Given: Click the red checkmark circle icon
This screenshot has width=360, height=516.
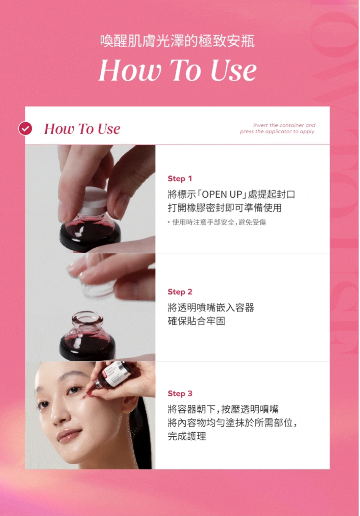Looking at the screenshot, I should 25,129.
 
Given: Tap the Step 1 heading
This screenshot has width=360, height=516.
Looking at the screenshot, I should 180,179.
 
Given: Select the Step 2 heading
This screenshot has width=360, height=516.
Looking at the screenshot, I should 180,292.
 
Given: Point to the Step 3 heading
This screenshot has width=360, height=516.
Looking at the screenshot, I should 180,393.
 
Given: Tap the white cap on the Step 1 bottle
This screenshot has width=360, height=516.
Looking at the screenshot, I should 92,200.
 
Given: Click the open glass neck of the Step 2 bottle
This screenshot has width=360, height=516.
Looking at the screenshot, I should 87,317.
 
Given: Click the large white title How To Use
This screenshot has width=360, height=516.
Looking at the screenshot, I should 178,71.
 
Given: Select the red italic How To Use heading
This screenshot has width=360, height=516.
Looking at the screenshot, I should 82,129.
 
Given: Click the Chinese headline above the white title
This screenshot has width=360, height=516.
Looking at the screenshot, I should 178,41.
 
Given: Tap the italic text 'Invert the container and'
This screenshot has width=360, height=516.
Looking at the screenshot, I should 284,125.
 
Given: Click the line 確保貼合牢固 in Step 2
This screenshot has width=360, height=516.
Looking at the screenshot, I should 196,321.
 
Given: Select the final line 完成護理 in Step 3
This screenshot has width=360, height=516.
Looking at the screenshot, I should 187,436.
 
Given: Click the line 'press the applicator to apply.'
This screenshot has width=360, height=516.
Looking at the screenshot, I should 277,131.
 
